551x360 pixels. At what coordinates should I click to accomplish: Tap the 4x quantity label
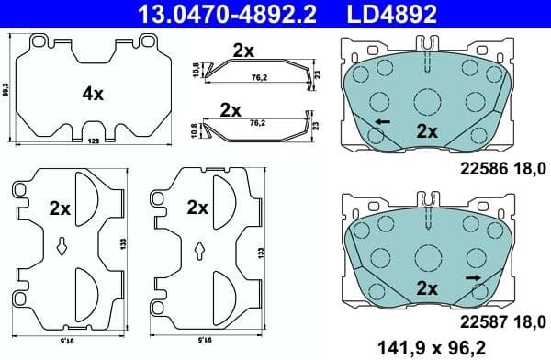point(95,93)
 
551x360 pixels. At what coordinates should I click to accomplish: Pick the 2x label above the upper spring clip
point(242,51)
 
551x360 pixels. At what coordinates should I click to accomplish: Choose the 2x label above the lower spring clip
point(231,109)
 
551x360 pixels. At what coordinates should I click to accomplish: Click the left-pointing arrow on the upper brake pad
point(381,121)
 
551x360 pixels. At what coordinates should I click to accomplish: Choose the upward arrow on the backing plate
point(199,249)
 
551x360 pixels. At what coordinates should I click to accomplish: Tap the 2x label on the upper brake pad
point(426,131)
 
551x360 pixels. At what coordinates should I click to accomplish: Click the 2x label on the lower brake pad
point(426,288)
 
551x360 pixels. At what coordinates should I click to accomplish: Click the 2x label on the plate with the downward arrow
point(61,208)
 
